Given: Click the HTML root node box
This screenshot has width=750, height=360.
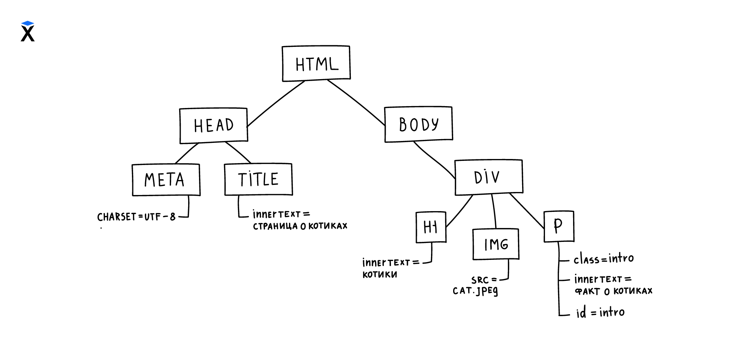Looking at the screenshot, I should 316,63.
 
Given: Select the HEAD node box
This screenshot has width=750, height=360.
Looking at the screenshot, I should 214,125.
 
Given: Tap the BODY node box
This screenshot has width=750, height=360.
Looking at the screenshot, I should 418,124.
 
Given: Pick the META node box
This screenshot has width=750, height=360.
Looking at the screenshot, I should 166,180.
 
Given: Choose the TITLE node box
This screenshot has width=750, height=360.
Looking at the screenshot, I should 258,179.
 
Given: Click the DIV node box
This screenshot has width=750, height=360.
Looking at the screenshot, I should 488,177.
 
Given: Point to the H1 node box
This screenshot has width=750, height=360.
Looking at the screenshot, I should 431,227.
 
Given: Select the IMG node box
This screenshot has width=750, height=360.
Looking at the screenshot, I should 496,244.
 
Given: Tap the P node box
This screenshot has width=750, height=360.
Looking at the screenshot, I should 559,226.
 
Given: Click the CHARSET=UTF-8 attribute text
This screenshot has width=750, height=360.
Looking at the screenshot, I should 136,217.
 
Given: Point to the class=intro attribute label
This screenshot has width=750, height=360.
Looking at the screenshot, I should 603,259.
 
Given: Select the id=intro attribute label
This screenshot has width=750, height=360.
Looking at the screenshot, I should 600,312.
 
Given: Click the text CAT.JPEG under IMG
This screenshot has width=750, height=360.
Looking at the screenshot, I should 475,291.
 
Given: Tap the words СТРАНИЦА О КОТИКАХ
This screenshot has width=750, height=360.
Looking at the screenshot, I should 300,226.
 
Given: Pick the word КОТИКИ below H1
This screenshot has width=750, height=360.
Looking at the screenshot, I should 380,274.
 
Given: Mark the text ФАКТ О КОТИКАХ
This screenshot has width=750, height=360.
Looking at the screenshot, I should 614,291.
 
